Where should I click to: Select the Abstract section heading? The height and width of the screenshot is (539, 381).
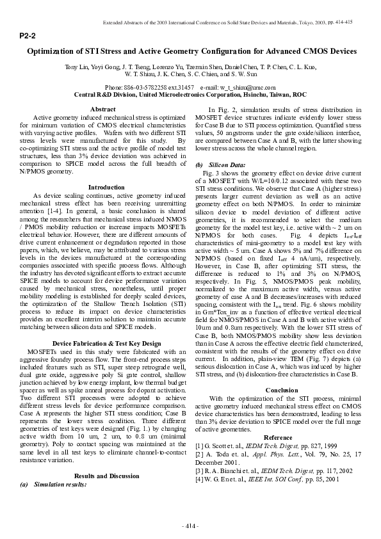click(103, 109)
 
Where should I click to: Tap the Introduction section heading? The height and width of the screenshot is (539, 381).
click(106, 187)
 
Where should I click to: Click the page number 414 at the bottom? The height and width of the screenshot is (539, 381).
click(190, 526)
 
